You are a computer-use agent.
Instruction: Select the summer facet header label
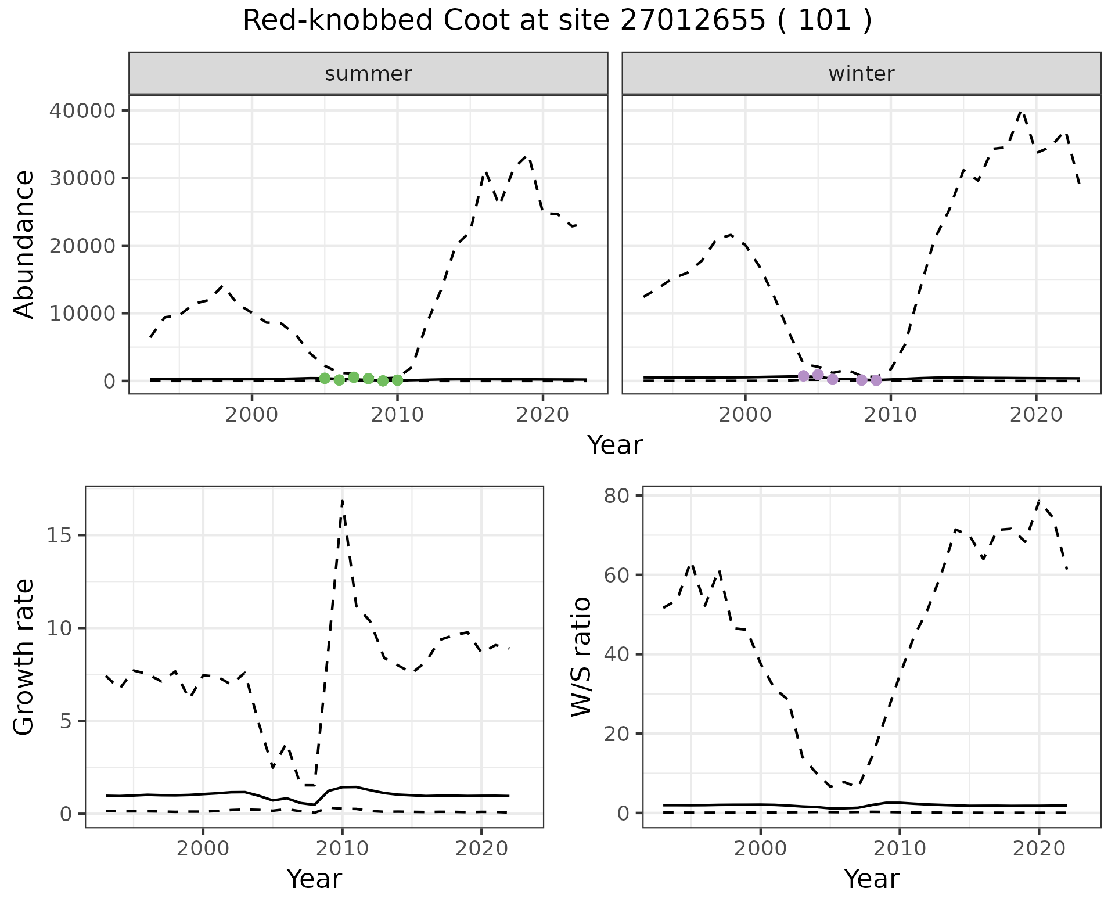click(368, 74)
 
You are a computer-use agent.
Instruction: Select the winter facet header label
click(861, 74)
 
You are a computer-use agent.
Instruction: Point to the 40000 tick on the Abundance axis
click(82, 110)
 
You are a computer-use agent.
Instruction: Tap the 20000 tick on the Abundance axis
click(82, 246)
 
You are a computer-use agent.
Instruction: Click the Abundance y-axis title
click(24, 245)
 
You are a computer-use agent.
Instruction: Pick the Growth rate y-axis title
click(24, 657)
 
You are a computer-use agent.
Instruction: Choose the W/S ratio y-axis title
click(581, 657)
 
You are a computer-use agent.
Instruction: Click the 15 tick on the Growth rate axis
click(59, 535)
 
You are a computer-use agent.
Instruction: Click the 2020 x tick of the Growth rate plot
click(481, 849)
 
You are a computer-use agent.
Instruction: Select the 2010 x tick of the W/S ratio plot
click(900, 849)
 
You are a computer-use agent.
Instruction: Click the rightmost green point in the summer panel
click(397, 380)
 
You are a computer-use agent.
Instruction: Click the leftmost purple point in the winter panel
click(803, 376)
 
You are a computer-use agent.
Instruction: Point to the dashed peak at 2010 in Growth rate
click(343, 501)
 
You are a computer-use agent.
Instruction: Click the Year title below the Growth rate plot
click(314, 879)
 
